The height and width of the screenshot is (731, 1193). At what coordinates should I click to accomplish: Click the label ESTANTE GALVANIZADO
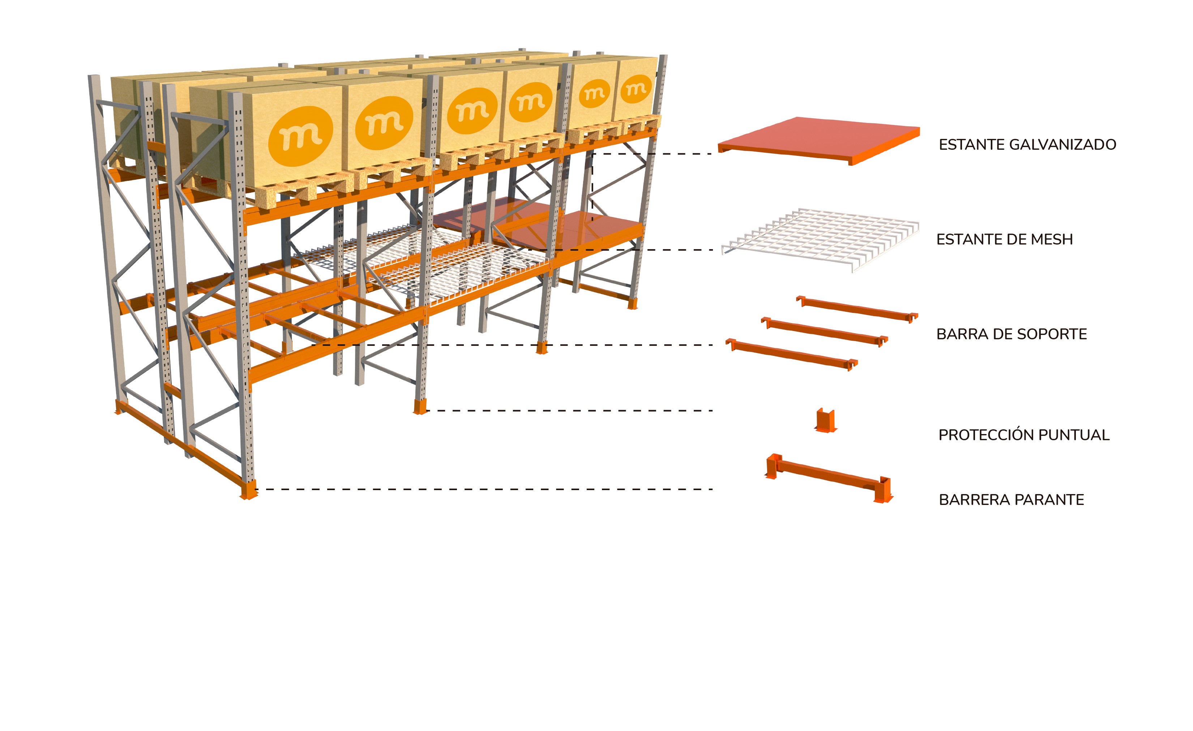(x=1027, y=144)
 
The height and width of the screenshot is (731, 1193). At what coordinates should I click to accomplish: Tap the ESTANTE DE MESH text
(x=1005, y=239)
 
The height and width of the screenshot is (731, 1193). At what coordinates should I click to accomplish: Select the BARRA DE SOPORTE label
(x=1012, y=334)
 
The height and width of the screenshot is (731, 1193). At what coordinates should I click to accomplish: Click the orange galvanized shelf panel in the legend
(x=818, y=140)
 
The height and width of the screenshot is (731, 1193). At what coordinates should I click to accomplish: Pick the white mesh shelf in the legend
(x=820, y=239)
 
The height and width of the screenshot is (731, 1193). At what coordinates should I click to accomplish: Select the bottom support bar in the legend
(x=792, y=354)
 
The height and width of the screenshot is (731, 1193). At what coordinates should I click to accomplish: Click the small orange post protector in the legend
(x=825, y=420)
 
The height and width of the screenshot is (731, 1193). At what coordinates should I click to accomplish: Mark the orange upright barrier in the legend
(x=829, y=477)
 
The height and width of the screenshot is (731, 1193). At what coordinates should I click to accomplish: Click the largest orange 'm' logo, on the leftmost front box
(x=301, y=136)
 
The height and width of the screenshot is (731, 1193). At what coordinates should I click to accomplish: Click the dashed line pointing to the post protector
(x=569, y=410)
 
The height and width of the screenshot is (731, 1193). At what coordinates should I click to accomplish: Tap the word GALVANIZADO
(x=1059, y=144)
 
